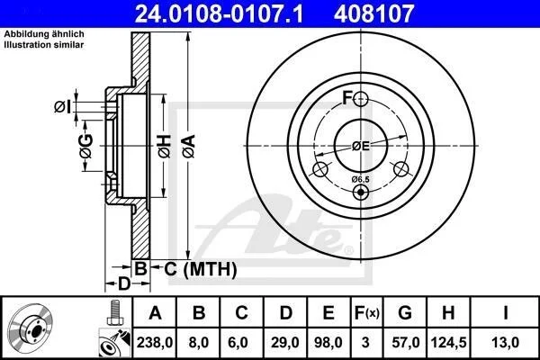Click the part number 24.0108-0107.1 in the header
219,13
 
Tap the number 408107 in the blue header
373,13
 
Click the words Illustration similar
44,45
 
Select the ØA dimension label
189,146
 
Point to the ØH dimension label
165,147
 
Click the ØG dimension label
86,146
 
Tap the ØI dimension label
62,107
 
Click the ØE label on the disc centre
361,147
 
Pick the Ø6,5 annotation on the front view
360,179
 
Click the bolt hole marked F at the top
361,99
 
